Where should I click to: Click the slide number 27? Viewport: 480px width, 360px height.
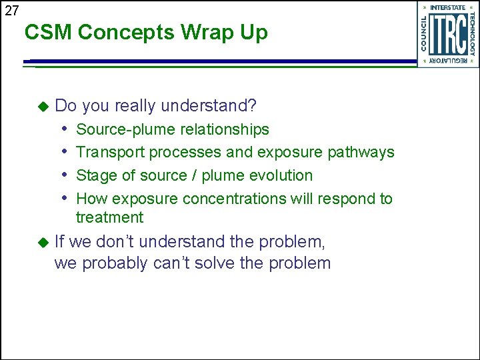point(12,10)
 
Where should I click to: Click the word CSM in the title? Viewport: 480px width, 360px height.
point(46,32)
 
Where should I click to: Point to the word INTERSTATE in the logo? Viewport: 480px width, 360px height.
point(448,8)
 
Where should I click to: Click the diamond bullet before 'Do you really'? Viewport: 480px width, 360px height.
point(44,106)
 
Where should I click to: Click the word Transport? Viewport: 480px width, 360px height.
point(111,152)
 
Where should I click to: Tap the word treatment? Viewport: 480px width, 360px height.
point(109,217)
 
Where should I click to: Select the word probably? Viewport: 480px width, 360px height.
point(115,263)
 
